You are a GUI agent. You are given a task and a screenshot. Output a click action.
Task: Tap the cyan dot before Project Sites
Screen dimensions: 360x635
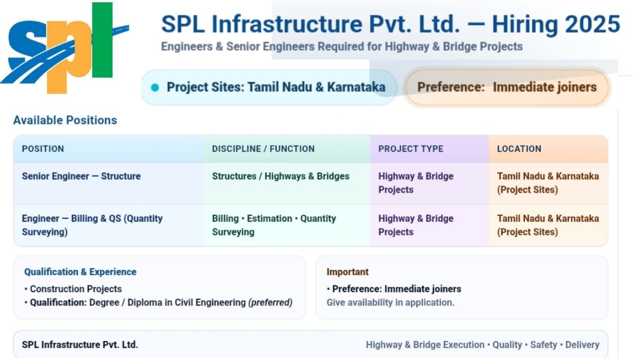pos(155,87)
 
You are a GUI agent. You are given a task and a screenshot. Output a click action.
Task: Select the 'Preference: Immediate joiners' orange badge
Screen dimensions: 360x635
pos(506,87)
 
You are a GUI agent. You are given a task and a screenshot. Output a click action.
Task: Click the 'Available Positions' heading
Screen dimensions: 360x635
pos(65,120)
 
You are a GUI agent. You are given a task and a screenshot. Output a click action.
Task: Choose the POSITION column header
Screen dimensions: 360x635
pos(43,149)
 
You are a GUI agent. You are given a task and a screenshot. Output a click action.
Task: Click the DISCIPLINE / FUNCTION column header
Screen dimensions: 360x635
pos(263,149)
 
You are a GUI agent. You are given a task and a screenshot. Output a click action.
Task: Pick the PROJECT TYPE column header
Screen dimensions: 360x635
pos(411,149)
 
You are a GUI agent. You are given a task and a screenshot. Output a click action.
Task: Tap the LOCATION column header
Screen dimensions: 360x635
pos(519,149)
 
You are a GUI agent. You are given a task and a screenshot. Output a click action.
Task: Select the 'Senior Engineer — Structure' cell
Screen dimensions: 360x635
pos(81,176)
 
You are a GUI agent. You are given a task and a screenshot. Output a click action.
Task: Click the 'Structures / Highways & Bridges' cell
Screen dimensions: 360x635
pos(280,176)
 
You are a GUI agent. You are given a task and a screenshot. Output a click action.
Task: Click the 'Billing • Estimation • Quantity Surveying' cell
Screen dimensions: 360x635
pos(274,225)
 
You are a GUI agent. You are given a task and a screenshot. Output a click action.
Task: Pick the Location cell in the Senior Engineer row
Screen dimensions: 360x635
pos(547,183)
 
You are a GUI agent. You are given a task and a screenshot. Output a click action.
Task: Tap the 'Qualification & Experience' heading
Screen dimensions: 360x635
pos(80,272)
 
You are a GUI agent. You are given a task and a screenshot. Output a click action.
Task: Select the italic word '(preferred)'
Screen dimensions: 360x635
pos(270,303)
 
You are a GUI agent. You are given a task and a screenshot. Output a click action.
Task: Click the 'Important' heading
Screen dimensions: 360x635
pos(347,272)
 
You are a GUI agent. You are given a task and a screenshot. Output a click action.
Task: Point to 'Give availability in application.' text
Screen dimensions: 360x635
pos(390,303)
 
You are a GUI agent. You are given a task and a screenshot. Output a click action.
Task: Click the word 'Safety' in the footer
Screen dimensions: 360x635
pos(543,345)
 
